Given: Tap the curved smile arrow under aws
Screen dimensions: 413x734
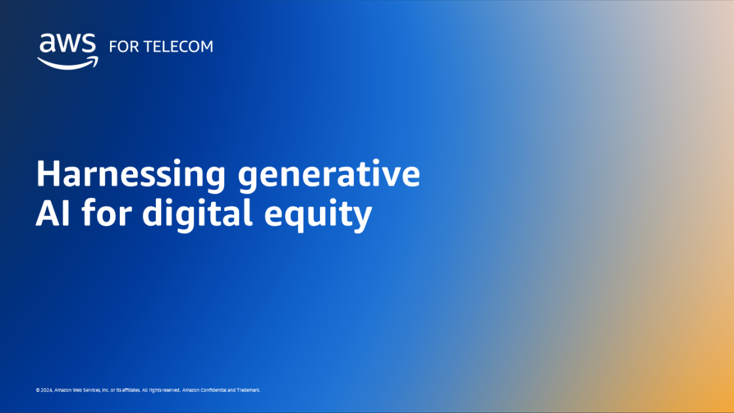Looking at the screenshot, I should (x=68, y=62).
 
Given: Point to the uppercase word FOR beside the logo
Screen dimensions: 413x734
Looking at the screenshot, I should (x=122, y=47).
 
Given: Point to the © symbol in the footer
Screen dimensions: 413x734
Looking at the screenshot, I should (x=38, y=390).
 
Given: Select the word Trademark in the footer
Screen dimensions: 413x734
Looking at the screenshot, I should (x=248, y=390).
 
